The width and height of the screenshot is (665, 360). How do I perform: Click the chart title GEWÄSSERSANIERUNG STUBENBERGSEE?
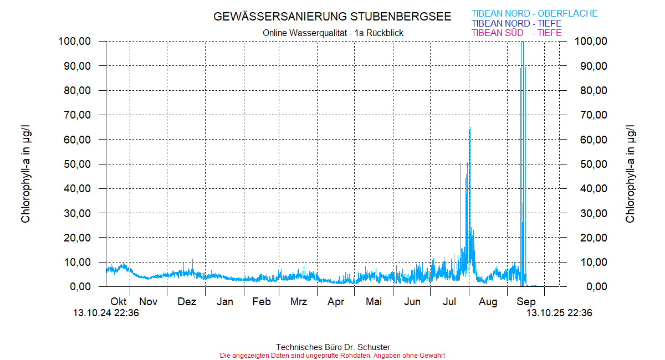(x=332, y=17)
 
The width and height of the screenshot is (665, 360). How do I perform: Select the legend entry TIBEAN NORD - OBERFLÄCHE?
(x=534, y=14)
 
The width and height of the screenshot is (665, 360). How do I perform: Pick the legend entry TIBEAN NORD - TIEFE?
(x=516, y=24)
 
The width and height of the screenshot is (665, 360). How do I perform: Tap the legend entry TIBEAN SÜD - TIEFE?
(x=516, y=33)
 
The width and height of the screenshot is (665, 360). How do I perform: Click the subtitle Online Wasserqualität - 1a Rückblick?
(x=333, y=33)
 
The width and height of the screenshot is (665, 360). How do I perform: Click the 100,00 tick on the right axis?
(x=592, y=42)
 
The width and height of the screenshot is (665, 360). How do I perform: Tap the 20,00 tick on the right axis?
(x=592, y=238)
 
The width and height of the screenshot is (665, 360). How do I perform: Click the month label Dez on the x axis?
(x=187, y=302)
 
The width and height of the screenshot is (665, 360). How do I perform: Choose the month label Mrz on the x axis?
(x=299, y=302)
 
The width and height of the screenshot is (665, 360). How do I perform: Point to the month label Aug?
(x=488, y=302)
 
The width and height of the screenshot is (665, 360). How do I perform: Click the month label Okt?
(x=119, y=302)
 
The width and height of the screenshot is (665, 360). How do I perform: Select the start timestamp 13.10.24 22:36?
(x=106, y=313)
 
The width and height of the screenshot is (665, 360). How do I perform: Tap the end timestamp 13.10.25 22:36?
(x=559, y=313)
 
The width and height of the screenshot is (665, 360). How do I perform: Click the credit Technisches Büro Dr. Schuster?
(x=332, y=347)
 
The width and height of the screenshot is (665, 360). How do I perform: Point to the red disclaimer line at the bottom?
(x=332, y=355)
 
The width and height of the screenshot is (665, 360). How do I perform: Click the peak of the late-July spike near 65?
(x=470, y=127)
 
